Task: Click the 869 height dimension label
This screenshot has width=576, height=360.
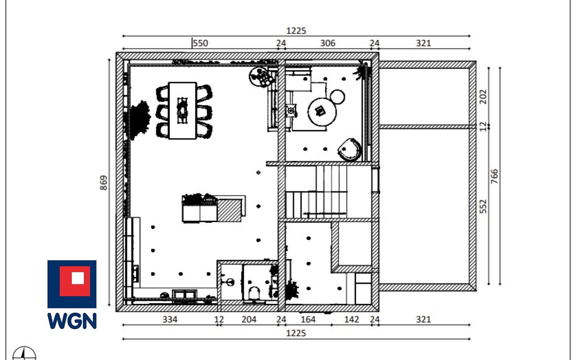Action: pyautogui.click(x=103, y=183)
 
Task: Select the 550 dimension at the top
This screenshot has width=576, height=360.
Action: pyautogui.click(x=201, y=43)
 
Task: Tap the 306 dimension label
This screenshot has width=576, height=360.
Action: pyautogui.click(x=327, y=43)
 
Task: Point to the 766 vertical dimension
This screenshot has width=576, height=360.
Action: pyautogui.click(x=494, y=176)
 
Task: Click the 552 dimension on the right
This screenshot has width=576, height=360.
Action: pyautogui.click(x=483, y=206)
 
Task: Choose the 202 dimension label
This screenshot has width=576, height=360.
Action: pyautogui.click(x=483, y=97)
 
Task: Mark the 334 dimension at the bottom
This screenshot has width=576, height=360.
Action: pyautogui.click(x=170, y=319)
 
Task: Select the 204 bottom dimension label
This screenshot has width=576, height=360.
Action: pyautogui.click(x=249, y=319)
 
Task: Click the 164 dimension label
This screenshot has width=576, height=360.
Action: pyautogui.click(x=308, y=319)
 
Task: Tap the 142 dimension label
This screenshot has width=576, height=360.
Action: pyautogui.click(x=352, y=319)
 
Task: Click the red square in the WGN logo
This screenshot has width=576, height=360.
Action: pyautogui.click(x=75, y=281)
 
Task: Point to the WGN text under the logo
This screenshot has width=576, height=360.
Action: pyautogui.click(x=72, y=321)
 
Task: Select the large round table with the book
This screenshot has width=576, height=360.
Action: pyautogui.click(x=322, y=112)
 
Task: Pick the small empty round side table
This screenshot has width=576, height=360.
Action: pyautogui.click(x=338, y=97)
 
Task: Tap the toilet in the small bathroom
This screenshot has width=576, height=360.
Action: pyautogui.click(x=255, y=293)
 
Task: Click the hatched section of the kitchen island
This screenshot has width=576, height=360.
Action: pyautogui.click(x=229, y=210)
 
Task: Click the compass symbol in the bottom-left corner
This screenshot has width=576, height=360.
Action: pyautogui.click(x=24, y=353)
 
